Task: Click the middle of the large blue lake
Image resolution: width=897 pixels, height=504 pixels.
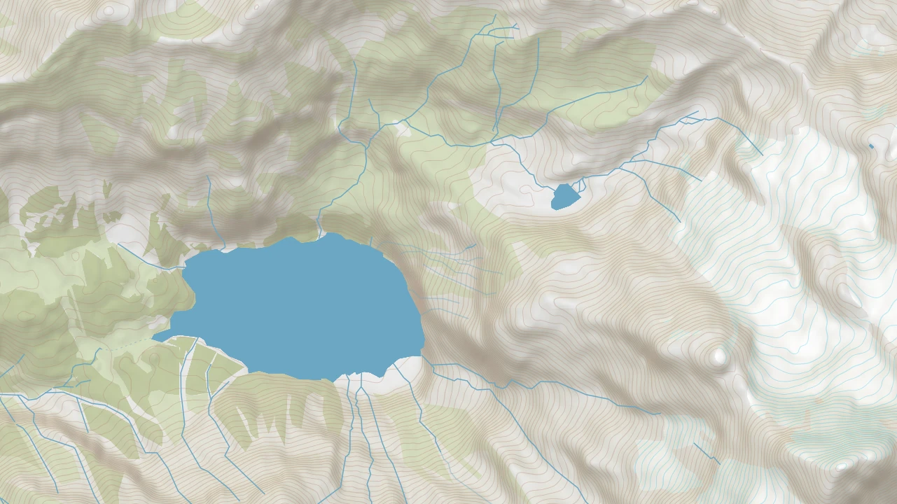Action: point(301,308)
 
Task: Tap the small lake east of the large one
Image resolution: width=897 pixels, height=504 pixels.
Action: point(564,196)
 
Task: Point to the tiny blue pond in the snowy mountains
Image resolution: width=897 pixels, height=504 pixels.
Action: point(871,146)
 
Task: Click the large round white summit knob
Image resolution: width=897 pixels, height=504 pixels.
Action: point(718,357)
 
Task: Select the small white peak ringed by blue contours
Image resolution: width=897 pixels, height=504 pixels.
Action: point(843,465)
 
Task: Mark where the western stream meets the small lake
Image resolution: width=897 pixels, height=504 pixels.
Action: point(555,189)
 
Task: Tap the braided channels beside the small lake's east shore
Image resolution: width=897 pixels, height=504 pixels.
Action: point(580,185)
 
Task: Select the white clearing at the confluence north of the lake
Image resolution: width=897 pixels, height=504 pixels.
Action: point(403,127)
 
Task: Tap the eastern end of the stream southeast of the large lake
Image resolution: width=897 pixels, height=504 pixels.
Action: point(658,413)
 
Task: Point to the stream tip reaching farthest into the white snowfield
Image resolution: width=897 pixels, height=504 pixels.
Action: point(761,154)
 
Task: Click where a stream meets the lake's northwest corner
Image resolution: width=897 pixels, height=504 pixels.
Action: point(186,266)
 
